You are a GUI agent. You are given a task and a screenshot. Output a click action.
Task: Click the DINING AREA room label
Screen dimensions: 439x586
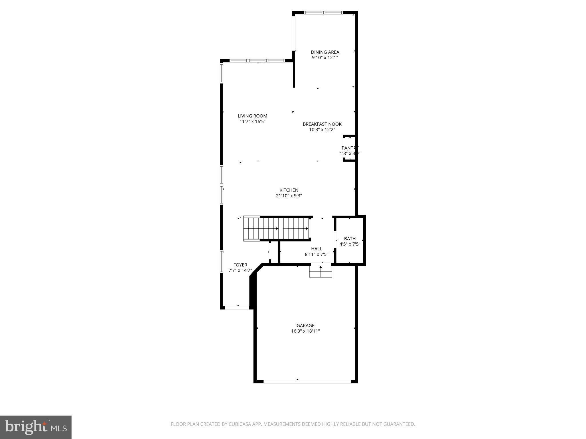click(325, 52)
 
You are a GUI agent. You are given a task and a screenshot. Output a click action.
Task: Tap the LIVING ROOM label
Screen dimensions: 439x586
click(252, 116)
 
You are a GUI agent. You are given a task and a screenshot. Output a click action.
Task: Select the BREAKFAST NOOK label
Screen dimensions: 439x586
click(322, 124)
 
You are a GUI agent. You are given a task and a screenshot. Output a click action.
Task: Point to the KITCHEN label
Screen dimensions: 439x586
click(289, 190)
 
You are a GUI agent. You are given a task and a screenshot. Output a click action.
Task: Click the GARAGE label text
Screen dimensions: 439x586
click(305, 326)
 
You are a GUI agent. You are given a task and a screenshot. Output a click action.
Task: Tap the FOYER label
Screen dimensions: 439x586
click(240, 265)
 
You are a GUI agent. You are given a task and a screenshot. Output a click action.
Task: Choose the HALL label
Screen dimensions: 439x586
click(316, 249)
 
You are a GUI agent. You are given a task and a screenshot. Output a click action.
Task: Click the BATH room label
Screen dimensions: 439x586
click(350, 239)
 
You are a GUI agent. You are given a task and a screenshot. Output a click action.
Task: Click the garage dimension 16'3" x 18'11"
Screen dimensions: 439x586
click(305, 331)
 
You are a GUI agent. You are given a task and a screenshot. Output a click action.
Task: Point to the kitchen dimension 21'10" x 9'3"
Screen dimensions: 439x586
click(289, 196)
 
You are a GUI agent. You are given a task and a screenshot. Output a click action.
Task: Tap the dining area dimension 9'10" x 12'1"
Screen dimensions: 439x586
click(325, 58)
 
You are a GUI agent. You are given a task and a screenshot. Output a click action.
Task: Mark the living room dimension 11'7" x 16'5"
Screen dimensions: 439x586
click(252, 121)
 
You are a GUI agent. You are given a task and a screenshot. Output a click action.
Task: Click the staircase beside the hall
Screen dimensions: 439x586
click(276, 229)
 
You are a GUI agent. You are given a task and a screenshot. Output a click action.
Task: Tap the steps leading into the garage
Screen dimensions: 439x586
click(320, 272)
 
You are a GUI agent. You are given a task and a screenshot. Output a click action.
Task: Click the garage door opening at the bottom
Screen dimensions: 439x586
click(307, 381)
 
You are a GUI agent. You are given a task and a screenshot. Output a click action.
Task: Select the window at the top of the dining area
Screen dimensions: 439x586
click(323, 13)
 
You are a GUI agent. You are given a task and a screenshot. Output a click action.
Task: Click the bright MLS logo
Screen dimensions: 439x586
click(36, 427)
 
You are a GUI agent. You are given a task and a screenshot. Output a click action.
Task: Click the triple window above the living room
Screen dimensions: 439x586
click(257, 61)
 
